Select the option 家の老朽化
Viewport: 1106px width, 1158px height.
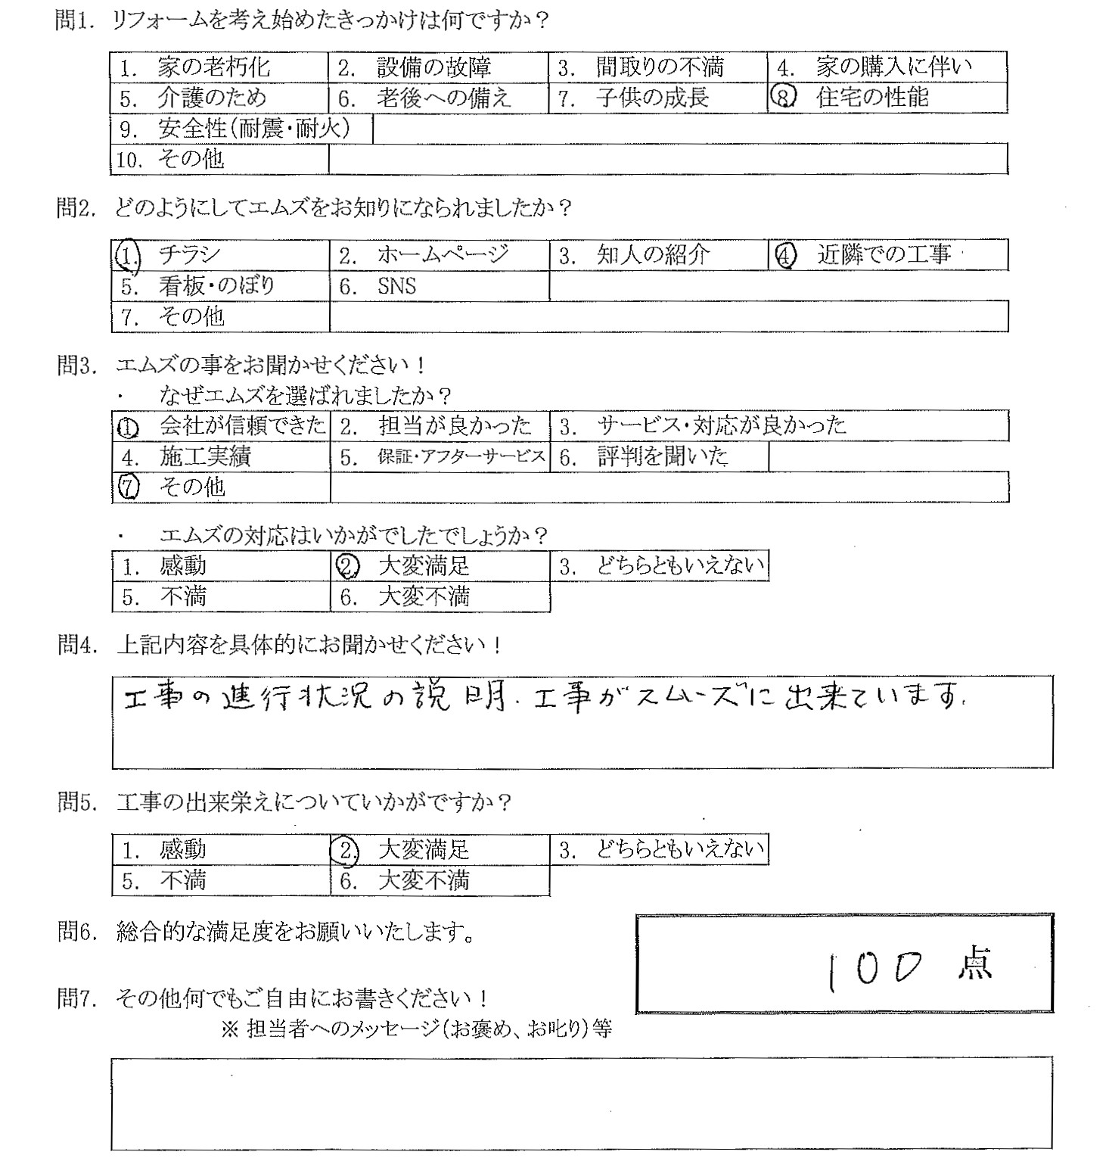click(213, 68)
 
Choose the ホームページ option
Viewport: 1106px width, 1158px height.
click(443, 256)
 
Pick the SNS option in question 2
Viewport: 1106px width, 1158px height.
click(396, 287)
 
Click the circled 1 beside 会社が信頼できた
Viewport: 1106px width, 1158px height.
click(129, 428)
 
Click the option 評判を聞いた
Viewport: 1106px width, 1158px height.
click(662, 457)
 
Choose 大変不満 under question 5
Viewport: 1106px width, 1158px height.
click(424, 881)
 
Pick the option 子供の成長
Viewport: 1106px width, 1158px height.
click(651, 98)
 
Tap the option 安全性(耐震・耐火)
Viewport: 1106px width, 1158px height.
click(254, 129)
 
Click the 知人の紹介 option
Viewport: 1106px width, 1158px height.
click(653, 256)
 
